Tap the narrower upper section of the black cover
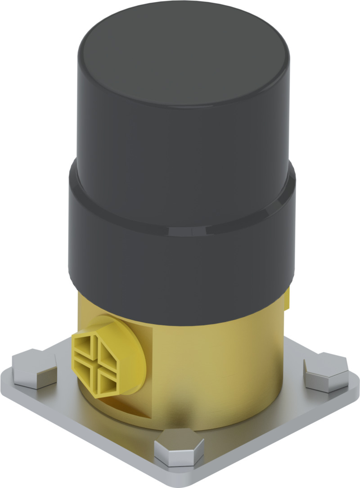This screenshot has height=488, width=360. [180, 135]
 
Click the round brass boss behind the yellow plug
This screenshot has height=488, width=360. [129, 356]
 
